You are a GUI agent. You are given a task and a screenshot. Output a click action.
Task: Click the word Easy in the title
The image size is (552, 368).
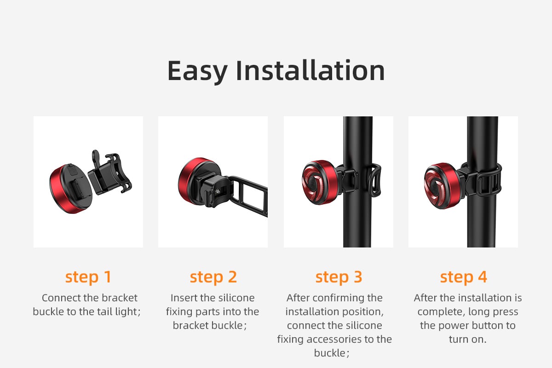coord(197,71)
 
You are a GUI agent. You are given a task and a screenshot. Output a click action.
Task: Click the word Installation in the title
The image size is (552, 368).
coord(310,70)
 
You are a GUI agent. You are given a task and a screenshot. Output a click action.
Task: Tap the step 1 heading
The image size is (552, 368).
coord(88,277)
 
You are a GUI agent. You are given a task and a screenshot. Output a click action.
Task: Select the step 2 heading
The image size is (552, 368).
coord(213,277)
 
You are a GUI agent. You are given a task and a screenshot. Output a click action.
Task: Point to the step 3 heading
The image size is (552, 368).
coord(339,277)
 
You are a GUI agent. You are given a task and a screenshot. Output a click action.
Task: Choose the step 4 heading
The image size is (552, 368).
coord(464,277)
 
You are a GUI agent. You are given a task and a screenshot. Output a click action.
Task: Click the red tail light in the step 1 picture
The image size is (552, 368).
coord(70,189)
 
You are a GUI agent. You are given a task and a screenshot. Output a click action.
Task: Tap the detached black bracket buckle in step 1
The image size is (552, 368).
coord(109,172)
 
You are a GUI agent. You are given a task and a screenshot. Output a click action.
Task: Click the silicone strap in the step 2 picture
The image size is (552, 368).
coord(249,195)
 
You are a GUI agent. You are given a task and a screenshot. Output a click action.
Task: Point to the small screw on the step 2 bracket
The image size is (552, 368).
coord(217,191)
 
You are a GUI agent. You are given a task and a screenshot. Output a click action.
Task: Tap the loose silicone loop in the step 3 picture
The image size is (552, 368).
coord(374,180)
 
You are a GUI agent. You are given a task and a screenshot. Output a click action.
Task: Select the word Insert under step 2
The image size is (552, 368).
coord(182,298)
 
